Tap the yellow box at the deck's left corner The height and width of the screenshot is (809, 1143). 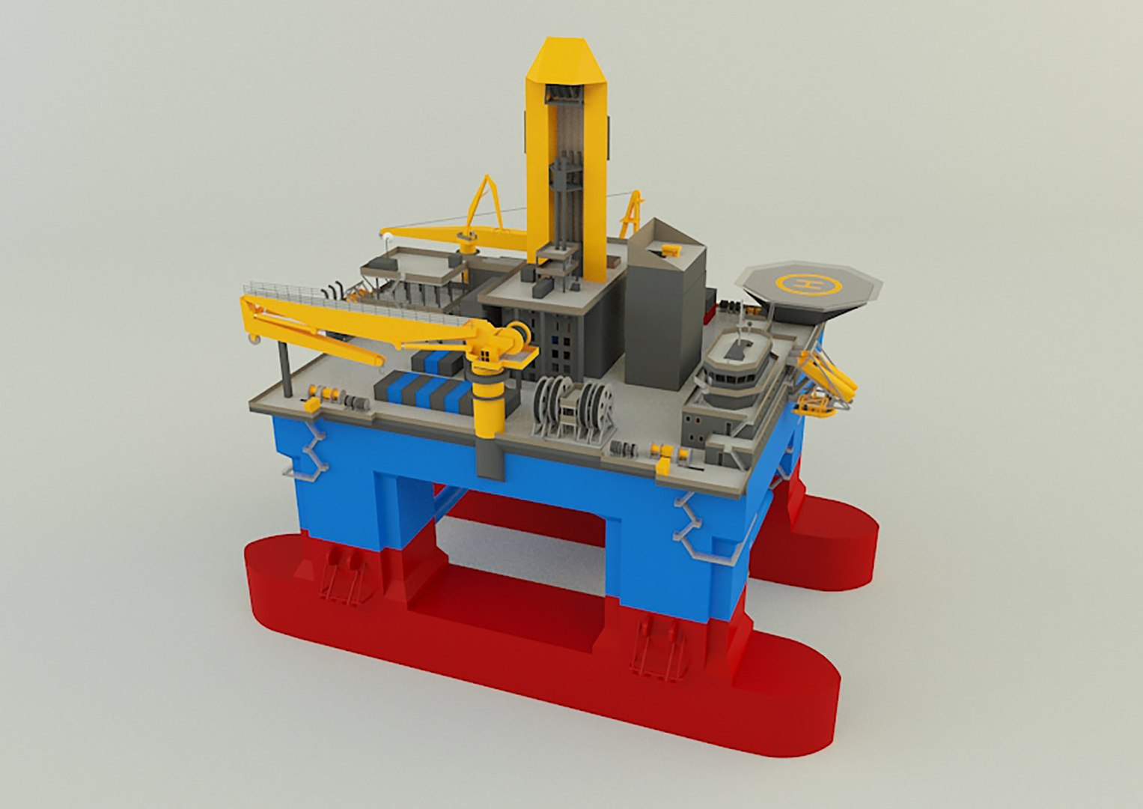click(x=311, y=404)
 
